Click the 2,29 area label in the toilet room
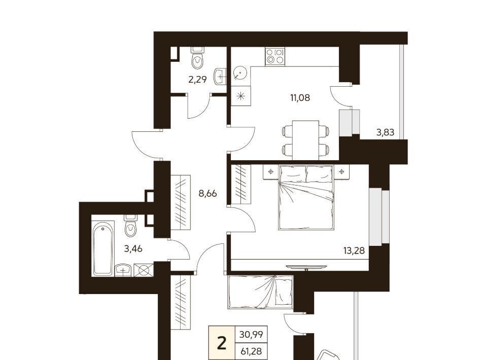coord(197,80)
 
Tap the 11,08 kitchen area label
coord(300,98)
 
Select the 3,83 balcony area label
coord(385,132)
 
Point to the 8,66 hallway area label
coord(208,194)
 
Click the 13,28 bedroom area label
coord(354,250)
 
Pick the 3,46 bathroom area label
coord(133,248)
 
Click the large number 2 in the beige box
coord(222,344)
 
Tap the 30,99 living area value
coord(251,335)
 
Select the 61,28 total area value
coord(251,351)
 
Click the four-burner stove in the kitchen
coord(275,56)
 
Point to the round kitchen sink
coord(239,73)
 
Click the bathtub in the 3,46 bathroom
coord(103,248)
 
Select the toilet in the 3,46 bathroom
coord(130,226)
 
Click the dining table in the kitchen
coord(305,140)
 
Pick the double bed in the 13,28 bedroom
coord(306,198)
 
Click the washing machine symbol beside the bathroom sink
coord(144,270)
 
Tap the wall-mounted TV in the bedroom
coord(306,267)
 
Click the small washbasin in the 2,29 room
coord(220,76)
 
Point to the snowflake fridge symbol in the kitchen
coord(240,96)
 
